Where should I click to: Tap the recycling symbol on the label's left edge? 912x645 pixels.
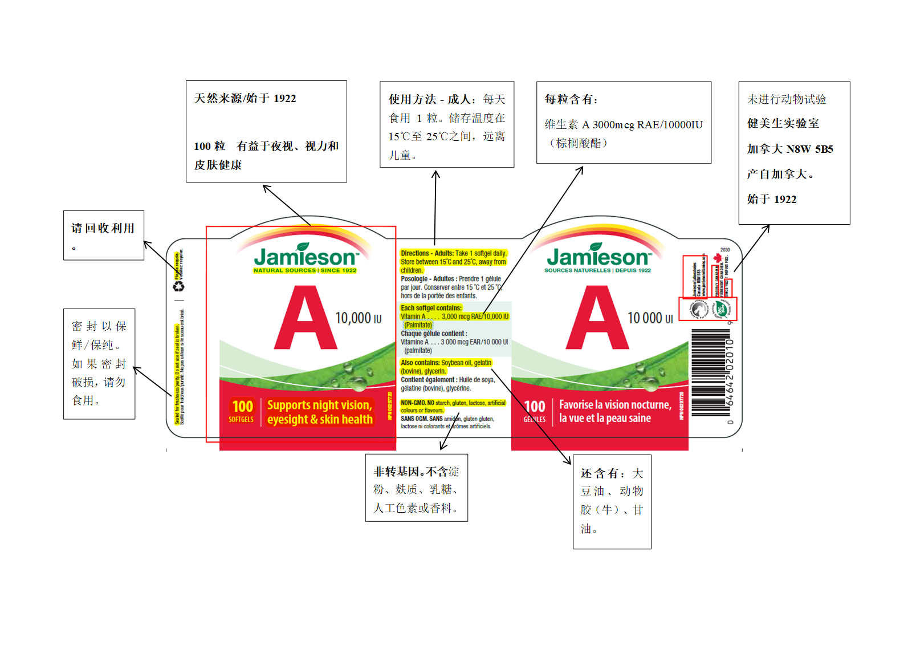click(179, 286)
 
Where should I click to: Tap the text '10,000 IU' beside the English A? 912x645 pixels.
click(358, 318)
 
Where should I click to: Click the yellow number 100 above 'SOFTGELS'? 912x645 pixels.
click(242, 406)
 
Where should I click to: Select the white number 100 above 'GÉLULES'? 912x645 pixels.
click(534, 406)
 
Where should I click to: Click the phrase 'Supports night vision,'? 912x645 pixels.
click(319, 405)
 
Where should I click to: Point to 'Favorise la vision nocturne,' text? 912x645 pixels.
click(614, 404)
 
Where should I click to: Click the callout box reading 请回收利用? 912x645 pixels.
click(103, 235)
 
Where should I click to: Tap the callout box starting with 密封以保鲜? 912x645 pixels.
click(99, 363)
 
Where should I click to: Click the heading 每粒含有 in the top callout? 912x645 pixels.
click(571, 99)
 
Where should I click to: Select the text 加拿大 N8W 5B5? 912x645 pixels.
click(790, 149)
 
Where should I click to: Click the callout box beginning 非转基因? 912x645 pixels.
click(416, 488)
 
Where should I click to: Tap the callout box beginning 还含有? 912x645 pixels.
click(612, 501)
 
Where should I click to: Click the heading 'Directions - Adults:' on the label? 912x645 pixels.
click(427, 253)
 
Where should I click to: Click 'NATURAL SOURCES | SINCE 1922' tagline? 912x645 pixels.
click(305, 270)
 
